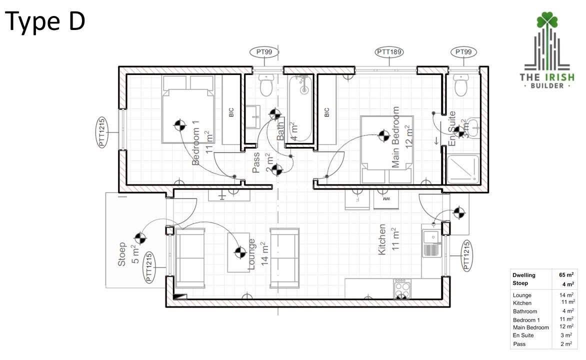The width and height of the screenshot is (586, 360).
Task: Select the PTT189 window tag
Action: tap(389, 52)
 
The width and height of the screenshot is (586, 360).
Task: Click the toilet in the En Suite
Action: tap(461, 85)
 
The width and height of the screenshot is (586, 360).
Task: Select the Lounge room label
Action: tap(252, 254)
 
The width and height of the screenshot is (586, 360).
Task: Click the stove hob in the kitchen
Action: tap(401, 288)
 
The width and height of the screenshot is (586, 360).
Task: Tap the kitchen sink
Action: tap(429, 242)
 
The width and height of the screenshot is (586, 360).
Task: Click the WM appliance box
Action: tap(385, 200)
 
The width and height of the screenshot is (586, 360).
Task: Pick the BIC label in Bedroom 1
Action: tap(231, 113)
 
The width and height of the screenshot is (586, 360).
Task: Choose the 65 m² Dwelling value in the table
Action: tap(566, 275)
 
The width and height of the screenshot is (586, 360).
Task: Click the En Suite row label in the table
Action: tap(524, 335)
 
